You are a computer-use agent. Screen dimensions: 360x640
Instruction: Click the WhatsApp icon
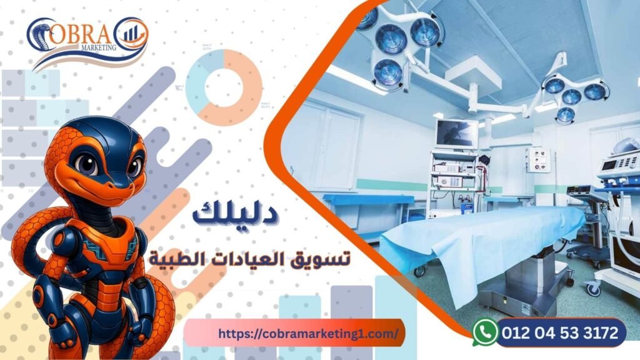tap(485, 331)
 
